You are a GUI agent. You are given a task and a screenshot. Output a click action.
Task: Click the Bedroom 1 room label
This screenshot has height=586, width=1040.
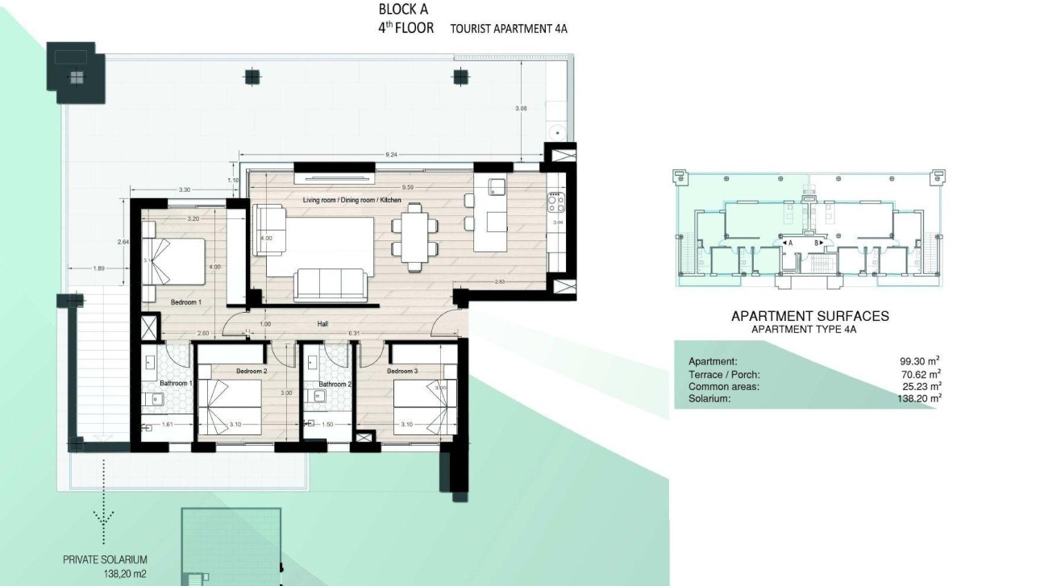185,302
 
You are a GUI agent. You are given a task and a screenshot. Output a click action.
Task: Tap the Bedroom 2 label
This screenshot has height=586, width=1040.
252,371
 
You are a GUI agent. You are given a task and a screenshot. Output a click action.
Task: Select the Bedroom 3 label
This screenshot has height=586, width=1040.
402,371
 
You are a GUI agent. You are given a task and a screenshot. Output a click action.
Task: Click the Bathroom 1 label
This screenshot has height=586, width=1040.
175,384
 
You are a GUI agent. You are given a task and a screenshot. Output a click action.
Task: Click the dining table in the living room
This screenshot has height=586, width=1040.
414,234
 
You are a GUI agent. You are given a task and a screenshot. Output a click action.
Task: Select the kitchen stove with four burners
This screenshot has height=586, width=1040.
556,201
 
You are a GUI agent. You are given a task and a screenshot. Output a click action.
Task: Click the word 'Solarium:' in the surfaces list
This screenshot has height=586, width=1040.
709,398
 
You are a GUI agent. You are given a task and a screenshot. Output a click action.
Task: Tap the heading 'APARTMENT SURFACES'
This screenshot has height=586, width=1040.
809,316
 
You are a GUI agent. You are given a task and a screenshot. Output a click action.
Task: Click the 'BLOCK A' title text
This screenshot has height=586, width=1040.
405,10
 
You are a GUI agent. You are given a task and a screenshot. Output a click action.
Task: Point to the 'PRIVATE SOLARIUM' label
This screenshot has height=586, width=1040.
105,559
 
